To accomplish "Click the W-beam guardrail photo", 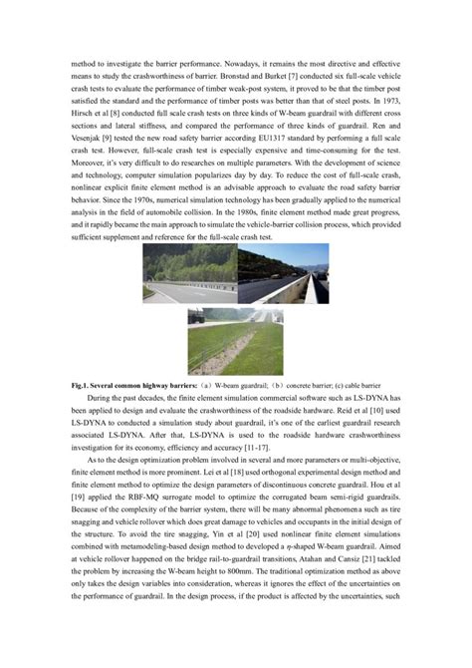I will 188,275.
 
